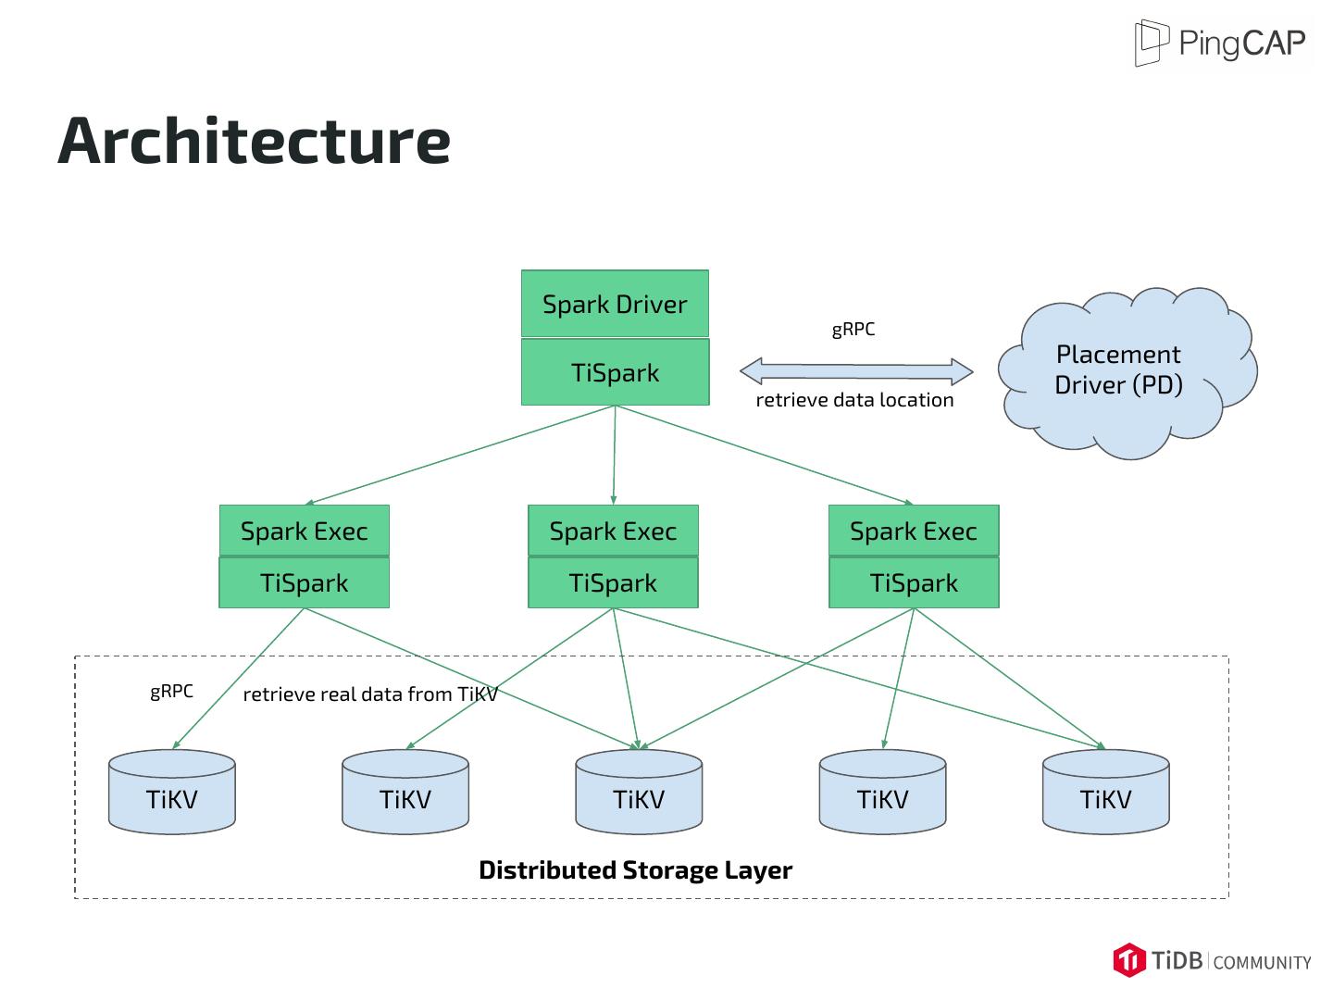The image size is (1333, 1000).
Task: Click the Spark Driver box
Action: point(615,304)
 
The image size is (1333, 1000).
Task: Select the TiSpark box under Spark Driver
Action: point(615,372)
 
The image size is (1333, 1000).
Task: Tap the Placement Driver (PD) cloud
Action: point(1119,370)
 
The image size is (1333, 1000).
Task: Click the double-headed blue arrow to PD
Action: point(856,372)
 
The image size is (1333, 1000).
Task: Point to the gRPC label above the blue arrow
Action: point(853,330)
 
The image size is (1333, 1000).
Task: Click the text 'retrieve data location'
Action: point(854,400)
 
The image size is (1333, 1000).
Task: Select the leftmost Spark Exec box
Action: point(304,531)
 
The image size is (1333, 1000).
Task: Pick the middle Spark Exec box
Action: point(613,531)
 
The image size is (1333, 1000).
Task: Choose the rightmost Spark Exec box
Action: point(914,531)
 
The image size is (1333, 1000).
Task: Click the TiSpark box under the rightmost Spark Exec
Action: point(914,583)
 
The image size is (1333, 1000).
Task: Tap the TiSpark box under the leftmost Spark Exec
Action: point(304,583)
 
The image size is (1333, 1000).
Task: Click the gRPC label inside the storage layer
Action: point(171,692)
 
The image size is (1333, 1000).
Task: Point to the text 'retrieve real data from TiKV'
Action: point(370,694)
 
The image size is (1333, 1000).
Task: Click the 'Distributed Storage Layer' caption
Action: point(635,870)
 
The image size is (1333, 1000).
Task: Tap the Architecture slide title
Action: point(255,141)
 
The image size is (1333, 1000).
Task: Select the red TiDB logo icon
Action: point(1129,960)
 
